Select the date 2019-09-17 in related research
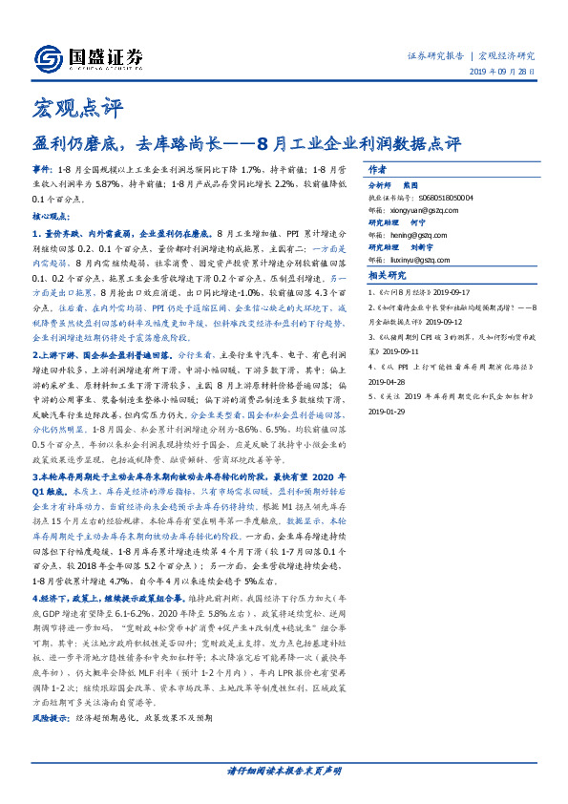[463, 291]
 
